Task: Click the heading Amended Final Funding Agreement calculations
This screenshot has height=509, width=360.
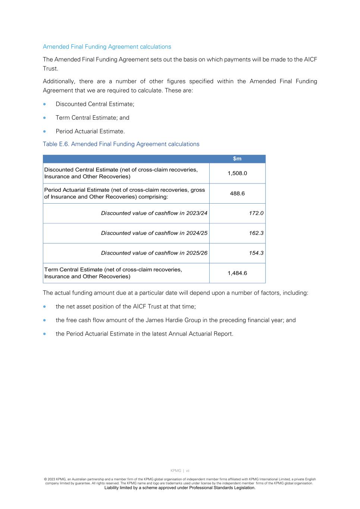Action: coord(107,47)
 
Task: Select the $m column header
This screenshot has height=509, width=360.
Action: coord(237,159)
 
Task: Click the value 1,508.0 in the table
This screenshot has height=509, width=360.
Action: coord(237,173)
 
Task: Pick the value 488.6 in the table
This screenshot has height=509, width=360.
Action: coord(237,194)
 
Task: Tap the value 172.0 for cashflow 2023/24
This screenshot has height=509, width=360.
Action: coord(256,213)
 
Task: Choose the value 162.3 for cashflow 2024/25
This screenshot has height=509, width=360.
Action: coord(256,233)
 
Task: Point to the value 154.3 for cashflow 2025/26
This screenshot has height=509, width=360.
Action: coord(256,253)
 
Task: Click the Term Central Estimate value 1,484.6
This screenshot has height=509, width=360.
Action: coord(237,273)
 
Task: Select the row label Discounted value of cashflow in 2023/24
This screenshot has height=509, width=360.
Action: coord(154,213)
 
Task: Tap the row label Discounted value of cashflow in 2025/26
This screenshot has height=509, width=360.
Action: coord(154,253)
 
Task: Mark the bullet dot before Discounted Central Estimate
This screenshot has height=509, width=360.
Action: coord(45,104)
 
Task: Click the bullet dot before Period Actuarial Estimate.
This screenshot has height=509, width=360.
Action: coord(45,132)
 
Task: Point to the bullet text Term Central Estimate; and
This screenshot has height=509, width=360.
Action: coord(93,118)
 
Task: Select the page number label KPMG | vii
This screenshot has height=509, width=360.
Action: coord(180,471)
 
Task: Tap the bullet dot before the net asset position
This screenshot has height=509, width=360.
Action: coord(45,307)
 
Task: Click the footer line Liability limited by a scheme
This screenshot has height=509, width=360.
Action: coord(180,488)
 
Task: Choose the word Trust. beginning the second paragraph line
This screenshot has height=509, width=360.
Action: coord(50,69)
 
